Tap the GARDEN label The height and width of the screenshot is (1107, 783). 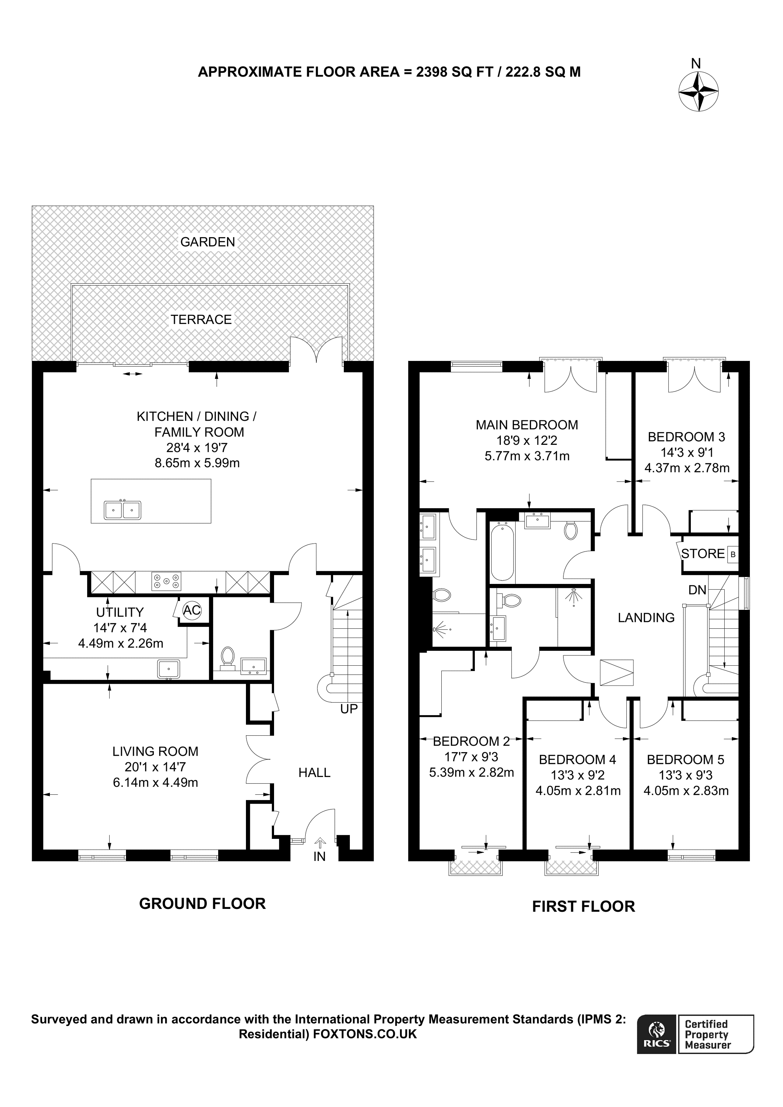coord(207,242)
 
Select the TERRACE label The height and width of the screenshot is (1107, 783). coord(201,319)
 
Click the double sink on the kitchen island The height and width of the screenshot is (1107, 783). coord(122,510)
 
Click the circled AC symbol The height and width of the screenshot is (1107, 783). coord(191,610)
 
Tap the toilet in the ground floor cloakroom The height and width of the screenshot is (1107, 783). coord(227,659)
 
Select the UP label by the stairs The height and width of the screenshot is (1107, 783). coord(349,709)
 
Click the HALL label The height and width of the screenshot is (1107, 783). coord(314,773)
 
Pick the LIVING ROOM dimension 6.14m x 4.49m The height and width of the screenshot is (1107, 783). coord(155,783)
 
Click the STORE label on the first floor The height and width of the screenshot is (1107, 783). coord(703,554)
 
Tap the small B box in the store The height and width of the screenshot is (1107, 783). coord(732,554)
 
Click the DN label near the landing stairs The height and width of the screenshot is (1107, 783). coord(697,590)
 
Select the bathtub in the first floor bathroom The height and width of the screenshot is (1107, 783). coord(502,553)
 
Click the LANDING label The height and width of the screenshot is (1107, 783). coord(646,618)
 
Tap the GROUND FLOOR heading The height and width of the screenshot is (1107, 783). coord(202,904)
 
